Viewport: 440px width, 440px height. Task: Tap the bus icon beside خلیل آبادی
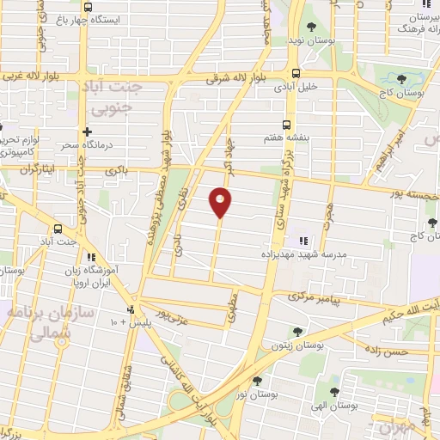296,74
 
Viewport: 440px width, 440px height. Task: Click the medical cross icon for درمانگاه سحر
87,131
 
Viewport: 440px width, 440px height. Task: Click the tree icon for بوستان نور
256,379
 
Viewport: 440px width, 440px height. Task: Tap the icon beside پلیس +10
131,309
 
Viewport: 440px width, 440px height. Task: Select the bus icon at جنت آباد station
58,229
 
